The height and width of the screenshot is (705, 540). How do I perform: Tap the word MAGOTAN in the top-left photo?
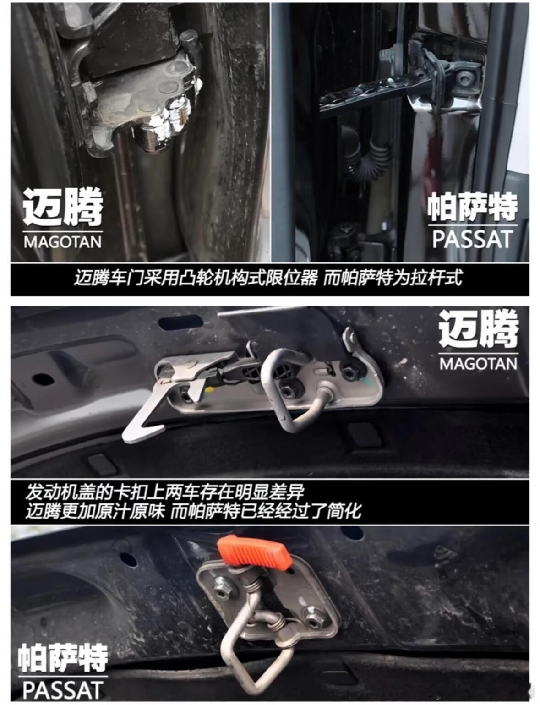tap(63, 242)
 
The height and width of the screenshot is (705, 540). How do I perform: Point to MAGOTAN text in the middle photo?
tap(478, 364)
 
